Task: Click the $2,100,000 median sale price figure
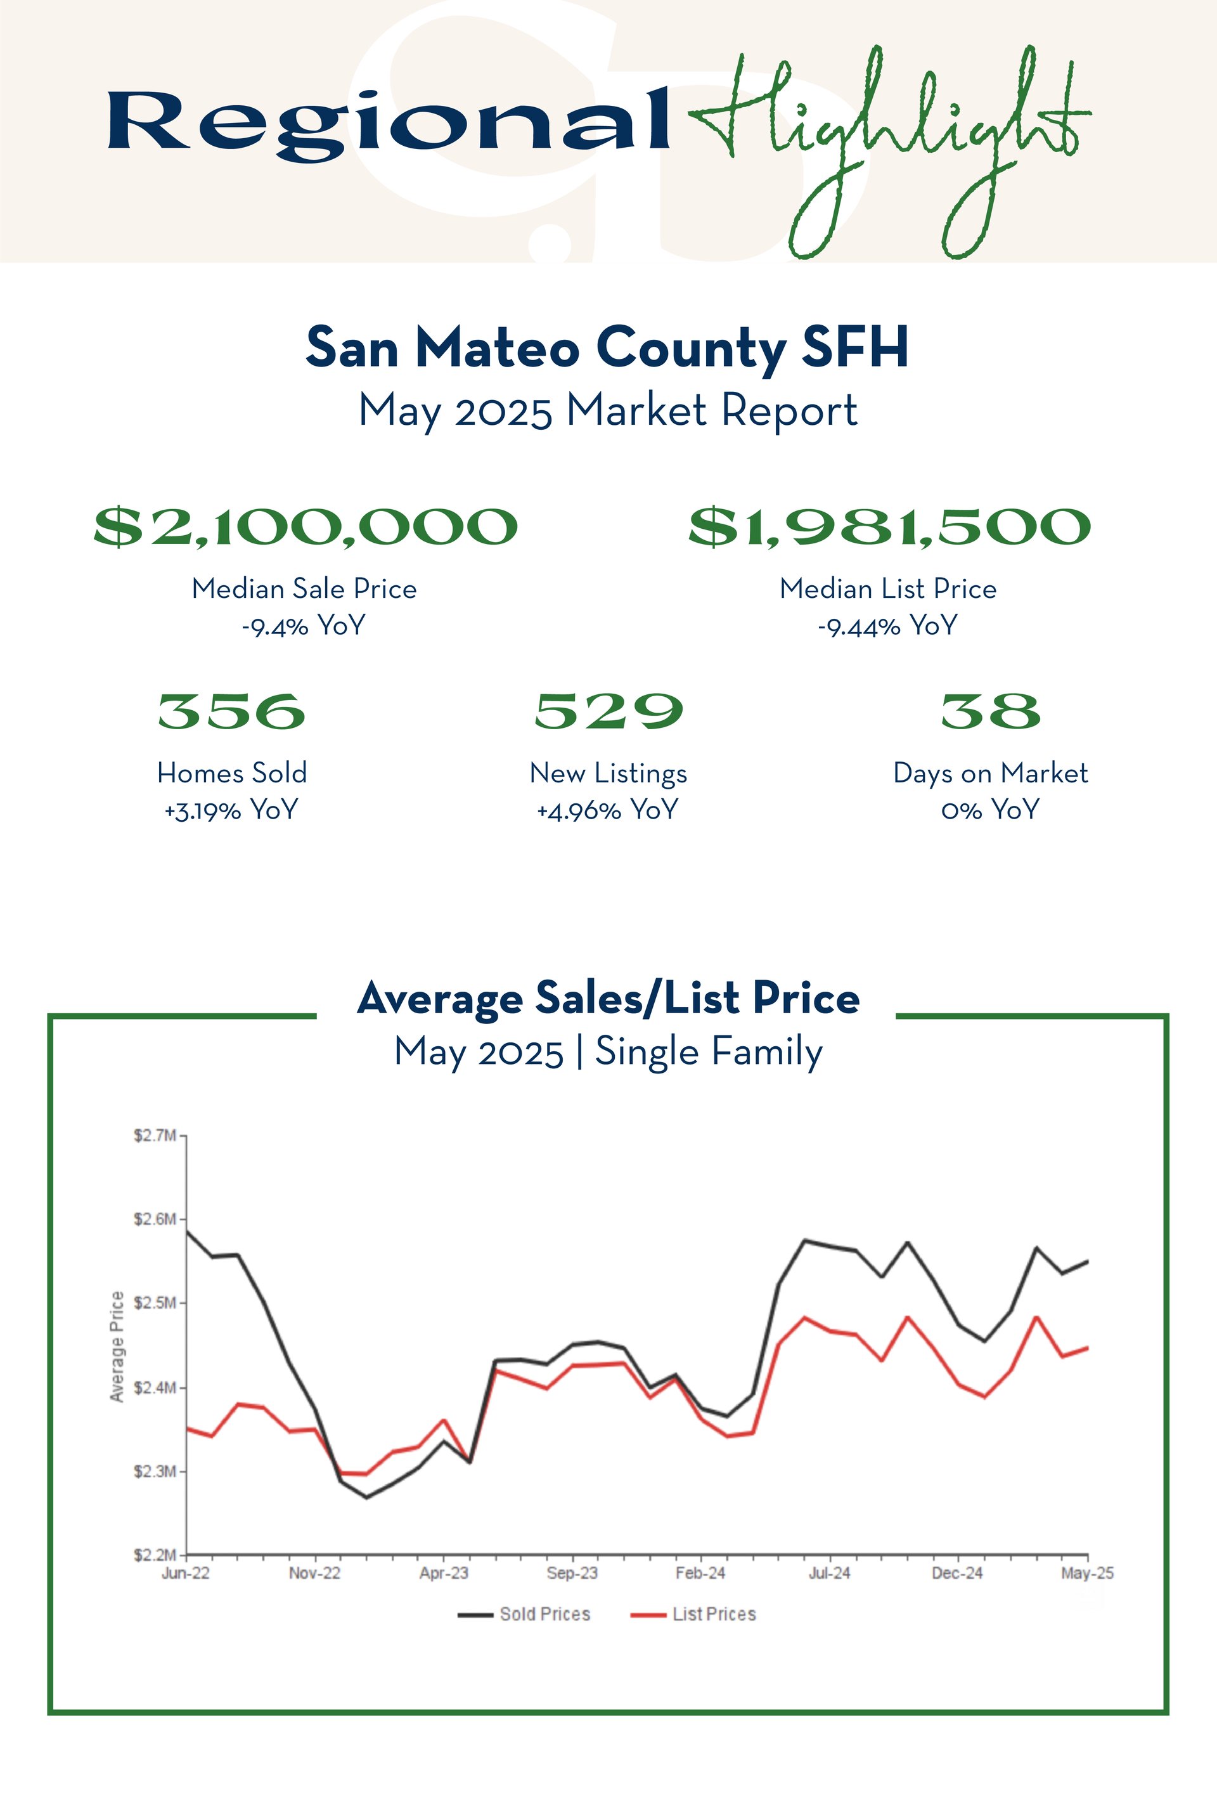tap(305, 528)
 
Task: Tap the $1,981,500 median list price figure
tap(889, 528)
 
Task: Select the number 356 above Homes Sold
tap(231, 711)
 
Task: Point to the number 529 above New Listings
tap(608, 711)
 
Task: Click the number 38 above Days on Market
tap(991, 711)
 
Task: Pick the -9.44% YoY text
tap(888, 626)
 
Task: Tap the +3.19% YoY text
tap(231, 810)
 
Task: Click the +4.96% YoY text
tap(608, 810)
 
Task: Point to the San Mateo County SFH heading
tap(608, 347)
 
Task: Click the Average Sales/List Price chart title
tap(608, 998)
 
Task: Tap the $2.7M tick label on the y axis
tap(155, 1136)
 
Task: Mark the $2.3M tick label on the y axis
tap(155, 1472)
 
